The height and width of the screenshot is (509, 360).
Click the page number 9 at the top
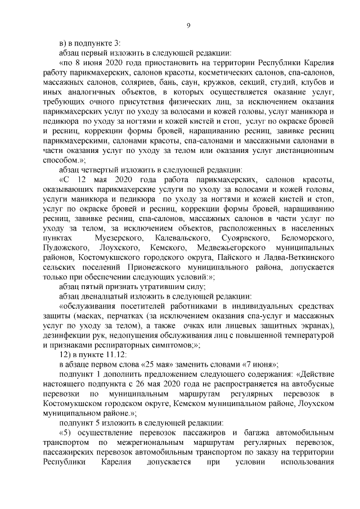click(x=188, y=24)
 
